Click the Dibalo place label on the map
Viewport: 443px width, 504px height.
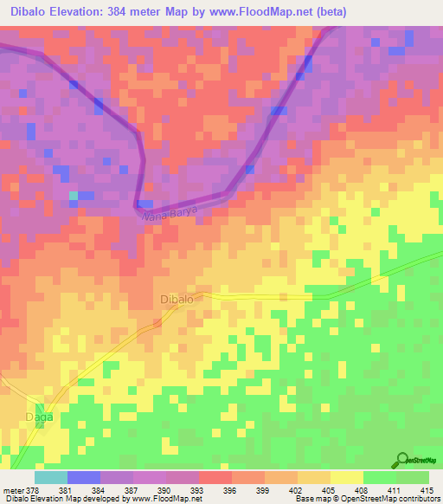pyautogui.click(x=179, y=299)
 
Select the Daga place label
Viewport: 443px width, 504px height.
pyautogui.click(x=39, y=417)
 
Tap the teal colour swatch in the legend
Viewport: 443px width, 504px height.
pyautogui.click(x=51, y=477)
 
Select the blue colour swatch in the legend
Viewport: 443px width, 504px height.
pyautogui.click(x=84, y=477)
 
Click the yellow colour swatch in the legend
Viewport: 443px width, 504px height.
pyautogui.click(x=347, y=477)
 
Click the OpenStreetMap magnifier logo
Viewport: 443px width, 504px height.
pyautogui.click(x=403, y=460)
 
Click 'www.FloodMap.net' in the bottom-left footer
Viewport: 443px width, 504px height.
pyautogui.click(x=164, y=500)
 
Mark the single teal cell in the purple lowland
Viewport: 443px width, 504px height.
pyautogui.click(x=74, y=195)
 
